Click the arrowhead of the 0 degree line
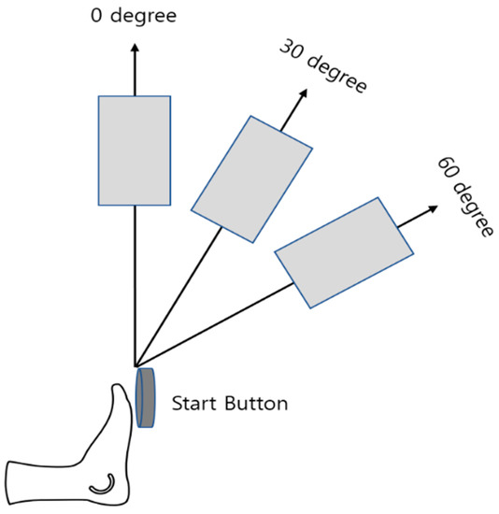click(x=135, y=48)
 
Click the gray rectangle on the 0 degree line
click(x=135, y=150)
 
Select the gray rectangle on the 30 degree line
click(x=251, y=178)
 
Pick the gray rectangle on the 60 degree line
click(x=343, y=251)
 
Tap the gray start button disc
click(x=146, y=397)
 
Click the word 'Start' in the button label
click(x=192, y=405)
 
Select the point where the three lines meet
click(x=135, y=366)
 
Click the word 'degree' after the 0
click(x=144, y=17)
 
